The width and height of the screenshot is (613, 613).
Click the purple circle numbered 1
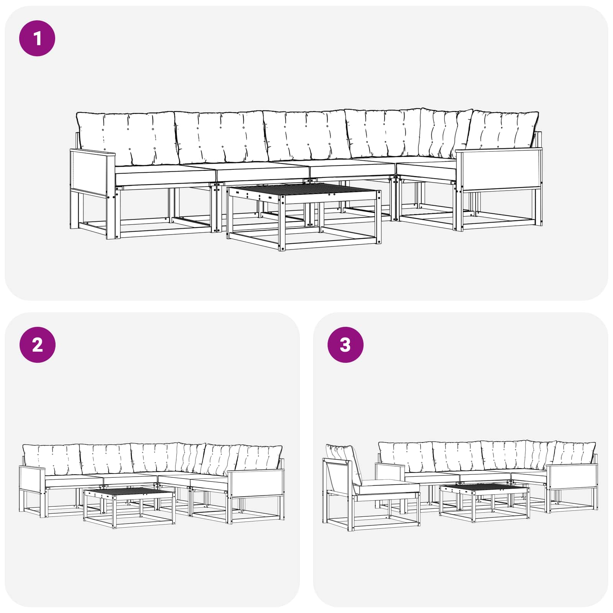[x=37, y=38]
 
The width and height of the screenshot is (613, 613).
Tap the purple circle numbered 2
[x=37, y=345]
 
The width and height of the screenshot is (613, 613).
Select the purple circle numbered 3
[x=345, y=345]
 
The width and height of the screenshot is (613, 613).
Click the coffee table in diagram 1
[x=304, y=216]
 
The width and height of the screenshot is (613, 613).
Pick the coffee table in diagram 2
[x=129, y=508]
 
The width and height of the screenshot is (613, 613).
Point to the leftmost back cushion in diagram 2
[x=52, y=459]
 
